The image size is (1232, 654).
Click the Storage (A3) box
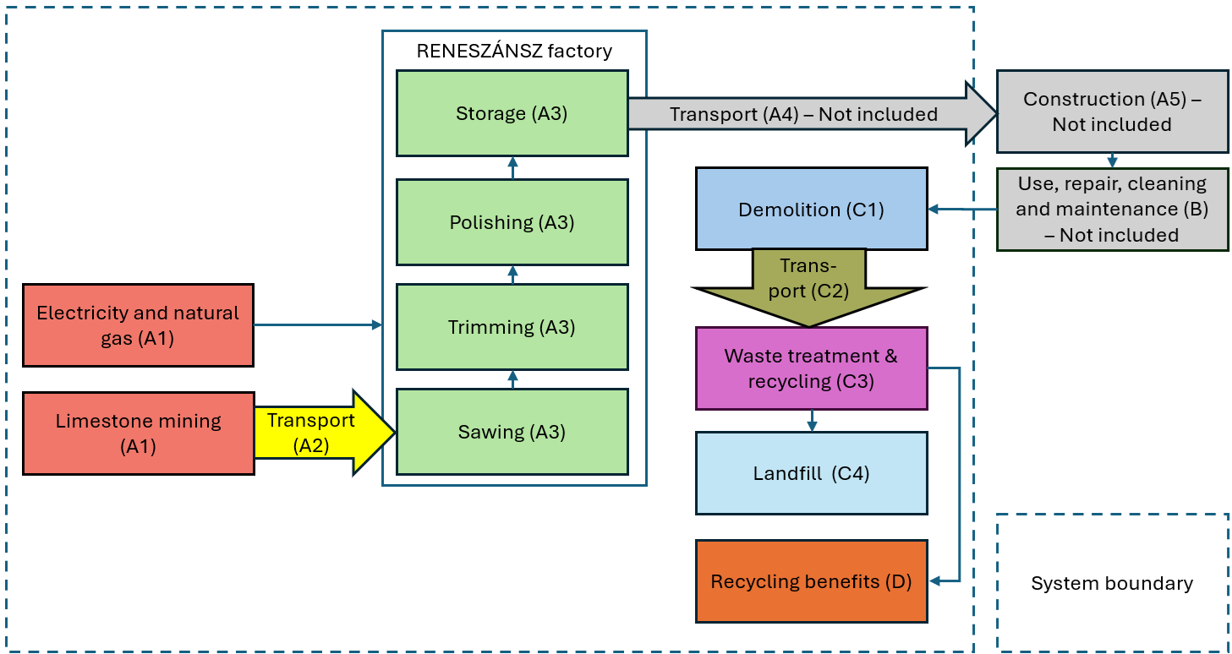tap(512, 113)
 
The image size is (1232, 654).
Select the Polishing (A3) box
tap(512, 222)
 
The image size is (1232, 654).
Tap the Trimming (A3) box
tap(512, 327)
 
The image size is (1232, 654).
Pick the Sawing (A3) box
tap(512, 432)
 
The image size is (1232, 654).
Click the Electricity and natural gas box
tap(138, 325)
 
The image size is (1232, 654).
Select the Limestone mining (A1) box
tap(138, 433)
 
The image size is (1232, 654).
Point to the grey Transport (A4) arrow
tap(803, 114)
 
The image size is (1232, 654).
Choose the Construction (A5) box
tap(1112, 112)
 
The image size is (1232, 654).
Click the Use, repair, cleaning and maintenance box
tap(1112, 209)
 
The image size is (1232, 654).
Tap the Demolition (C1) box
tap(811, 209)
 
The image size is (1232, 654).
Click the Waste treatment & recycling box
tap(811, 368)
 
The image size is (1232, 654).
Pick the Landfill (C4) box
tap(811, 473)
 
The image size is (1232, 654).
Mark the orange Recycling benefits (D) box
tap(811, 581)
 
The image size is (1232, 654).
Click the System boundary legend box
tap(1112, 583)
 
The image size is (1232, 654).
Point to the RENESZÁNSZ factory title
tap(514, 51)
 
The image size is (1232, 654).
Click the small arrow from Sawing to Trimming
tap(512, 379)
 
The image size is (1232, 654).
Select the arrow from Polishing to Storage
tap(512, 167)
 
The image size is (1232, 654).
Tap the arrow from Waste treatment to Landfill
tap(812, 421)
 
